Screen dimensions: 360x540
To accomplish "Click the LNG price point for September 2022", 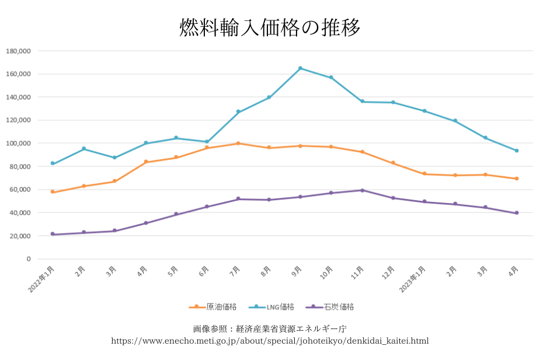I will pyautogui.click(x=300, y=68).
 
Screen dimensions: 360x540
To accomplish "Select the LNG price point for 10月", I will pyautogui.click(x=331, y=78).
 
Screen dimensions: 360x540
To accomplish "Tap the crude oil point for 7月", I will pyautogui.click(x=238, y=143).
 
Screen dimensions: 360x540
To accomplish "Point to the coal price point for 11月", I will pyautogui.click(x=362, y=190).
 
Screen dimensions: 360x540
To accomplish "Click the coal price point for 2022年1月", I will pyautogui.click(x=53, y=234).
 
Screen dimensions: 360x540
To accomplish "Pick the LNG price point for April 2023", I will pyautogui.click(x=517, y=151).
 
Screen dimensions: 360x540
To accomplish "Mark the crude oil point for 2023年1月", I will pyautogui.click(x=424, y=174).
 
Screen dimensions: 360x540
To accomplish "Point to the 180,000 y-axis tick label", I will pyautogui.click(x=18, y=51).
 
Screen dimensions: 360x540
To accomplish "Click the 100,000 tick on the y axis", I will pyautogui.click(x=18, y=144).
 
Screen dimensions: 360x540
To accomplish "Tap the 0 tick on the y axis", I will pyautogui.click(x=28, y=259).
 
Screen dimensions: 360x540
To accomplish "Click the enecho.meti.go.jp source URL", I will pyautogui.click(x=270, y=341).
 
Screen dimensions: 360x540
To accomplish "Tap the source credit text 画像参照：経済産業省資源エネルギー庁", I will pyautogui.click(x=270, y=328).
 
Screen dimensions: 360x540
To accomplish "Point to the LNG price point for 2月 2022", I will pyautogui.click(x=83, y=149).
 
